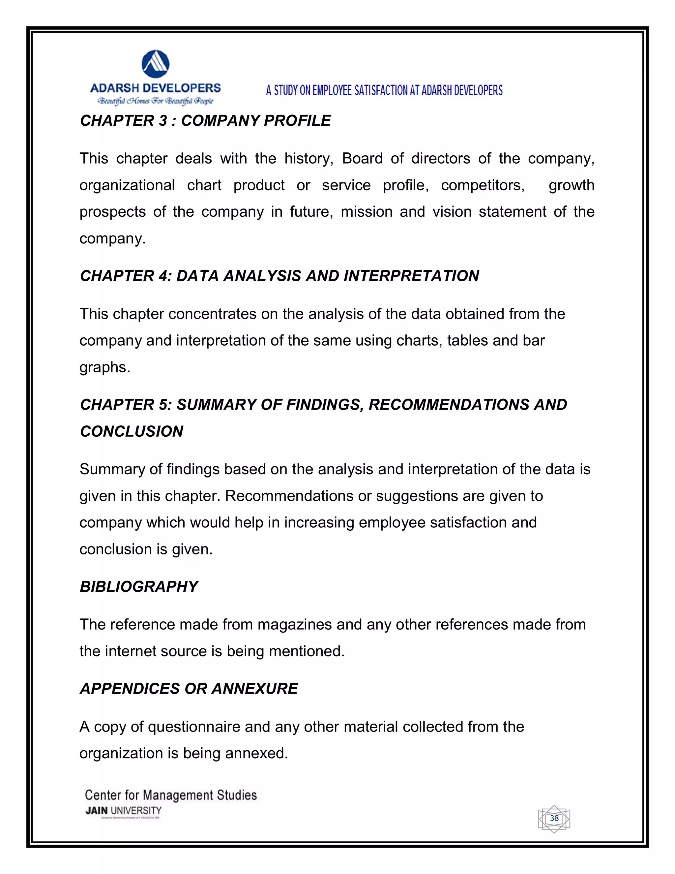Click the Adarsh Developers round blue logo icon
point(156,64)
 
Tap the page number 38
point(554,818)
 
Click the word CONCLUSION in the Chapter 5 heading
point(132,431)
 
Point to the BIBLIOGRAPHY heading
point(139,586)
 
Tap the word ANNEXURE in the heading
point(255,688)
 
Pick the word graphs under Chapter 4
point(105,367)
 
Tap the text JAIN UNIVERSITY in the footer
point(124,810)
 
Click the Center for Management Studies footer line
point(171,795)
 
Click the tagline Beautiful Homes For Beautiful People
point(156,101)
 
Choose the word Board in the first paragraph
point(362,158)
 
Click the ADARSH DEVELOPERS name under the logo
point(156,88)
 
